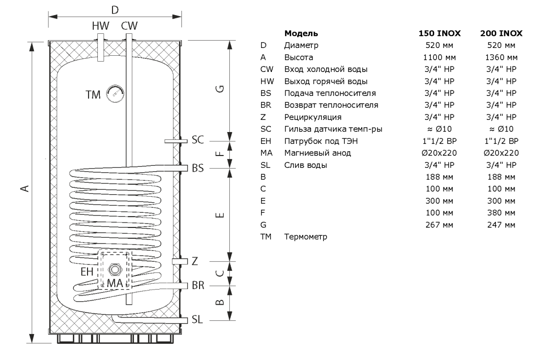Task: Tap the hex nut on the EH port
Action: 115,269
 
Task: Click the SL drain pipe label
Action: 197,320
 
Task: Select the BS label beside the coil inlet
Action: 198,168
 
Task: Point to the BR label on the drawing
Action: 198,285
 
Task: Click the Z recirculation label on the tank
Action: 195,262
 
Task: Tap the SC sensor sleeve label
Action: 198,140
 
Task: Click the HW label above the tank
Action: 100,26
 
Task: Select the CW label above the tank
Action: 129,26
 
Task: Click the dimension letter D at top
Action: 115,10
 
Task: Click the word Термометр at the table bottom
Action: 305,237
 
